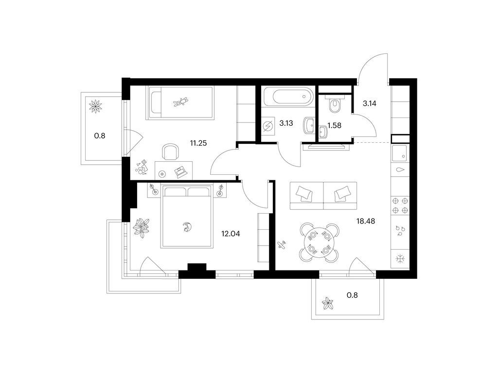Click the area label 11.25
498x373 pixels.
[x=198, y=143]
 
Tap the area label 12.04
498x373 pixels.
[x=231, y=234]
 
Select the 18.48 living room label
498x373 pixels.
[x=366, y=221]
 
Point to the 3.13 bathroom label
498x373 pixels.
[x=286, y=123]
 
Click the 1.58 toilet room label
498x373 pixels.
[x=335, y=125]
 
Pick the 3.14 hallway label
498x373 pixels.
[x=370, y=103]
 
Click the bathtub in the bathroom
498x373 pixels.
[x=288, y=96]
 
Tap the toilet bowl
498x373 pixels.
[x=335, y=106]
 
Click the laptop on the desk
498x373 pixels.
[x=180, y=171]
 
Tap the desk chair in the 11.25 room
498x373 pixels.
[x=170, y=152]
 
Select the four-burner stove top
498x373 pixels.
[x=400, y=205]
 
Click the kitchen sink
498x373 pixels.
[x=400, y=153]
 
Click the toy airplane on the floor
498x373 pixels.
[x=282, y=245]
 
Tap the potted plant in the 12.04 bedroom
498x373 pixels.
[x=142, y=227]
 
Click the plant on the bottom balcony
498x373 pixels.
[x=327, y=304]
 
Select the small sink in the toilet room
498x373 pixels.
[x=323, y=132]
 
